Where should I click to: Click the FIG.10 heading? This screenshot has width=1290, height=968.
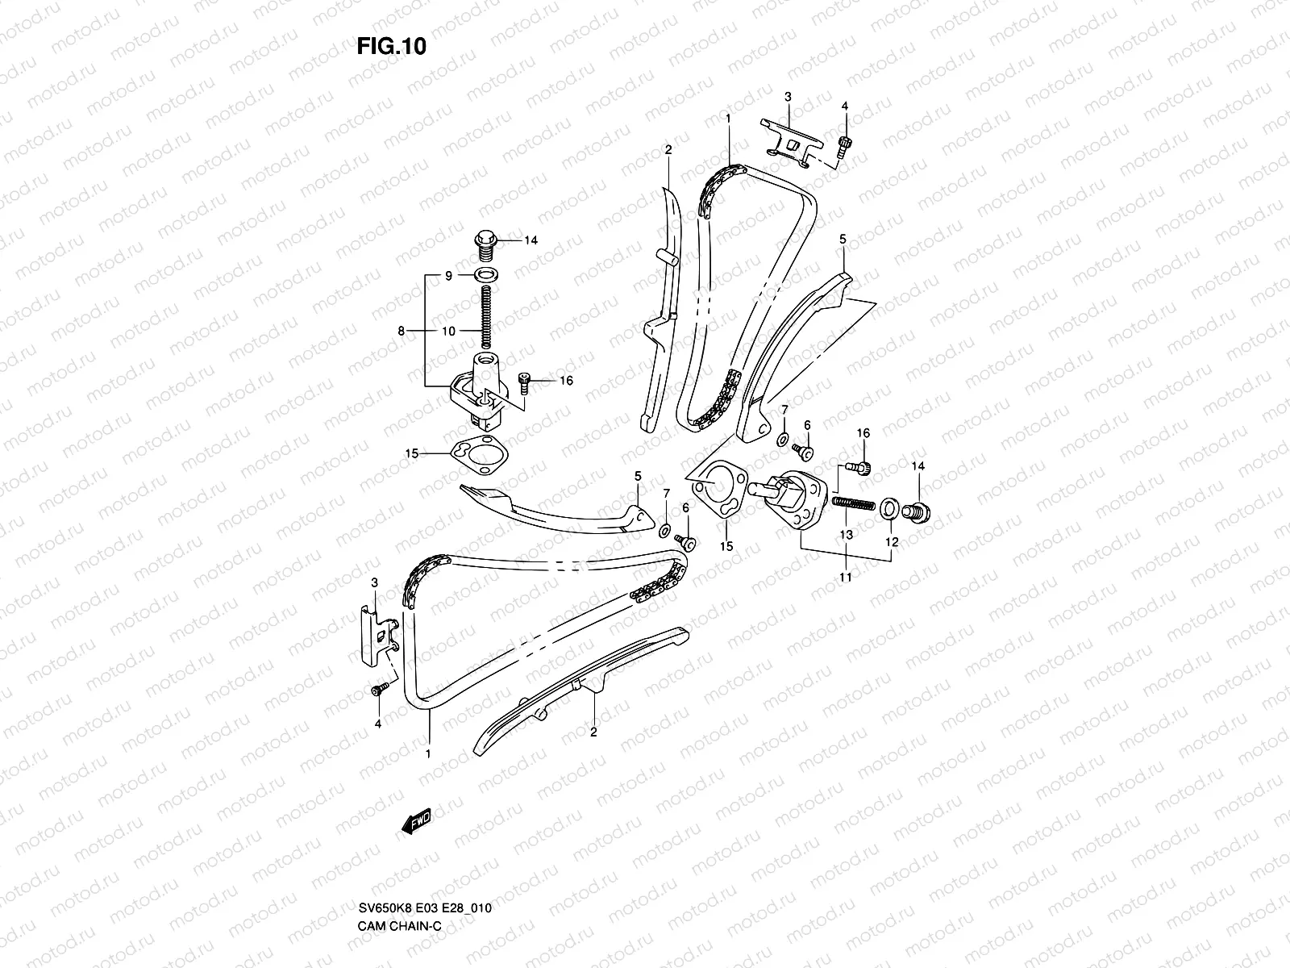391,46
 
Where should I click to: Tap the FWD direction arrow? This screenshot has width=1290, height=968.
417,820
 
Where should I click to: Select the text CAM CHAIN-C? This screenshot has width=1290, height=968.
400,926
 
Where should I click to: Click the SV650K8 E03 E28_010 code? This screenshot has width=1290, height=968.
425,908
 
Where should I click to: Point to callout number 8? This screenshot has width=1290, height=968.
402,331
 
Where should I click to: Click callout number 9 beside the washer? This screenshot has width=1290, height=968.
448,276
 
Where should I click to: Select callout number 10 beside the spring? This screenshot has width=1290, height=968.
448,331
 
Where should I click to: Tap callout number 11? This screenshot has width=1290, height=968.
845,577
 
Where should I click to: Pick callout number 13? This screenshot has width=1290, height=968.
846,534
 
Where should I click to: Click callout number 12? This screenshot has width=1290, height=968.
892,542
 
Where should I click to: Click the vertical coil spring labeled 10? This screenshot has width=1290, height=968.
486,317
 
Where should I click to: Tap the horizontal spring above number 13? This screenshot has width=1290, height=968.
853,503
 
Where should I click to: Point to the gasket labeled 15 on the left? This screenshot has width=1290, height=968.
480,453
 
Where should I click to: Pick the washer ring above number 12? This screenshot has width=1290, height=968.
889,508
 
